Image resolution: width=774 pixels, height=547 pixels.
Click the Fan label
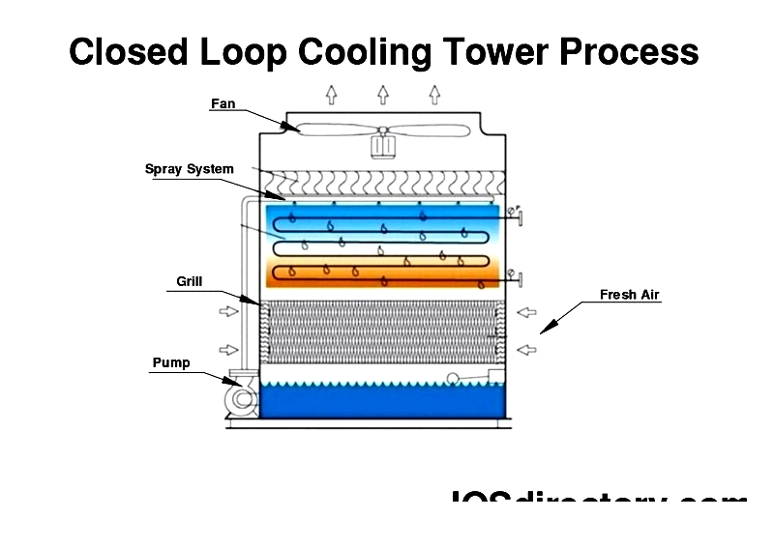click(x=223, y=103)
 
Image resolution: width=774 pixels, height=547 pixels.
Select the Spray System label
click(x=189, y=169)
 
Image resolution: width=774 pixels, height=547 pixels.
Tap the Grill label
click(x=189, y=282)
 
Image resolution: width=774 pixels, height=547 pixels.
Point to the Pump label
click(x=170, y=363)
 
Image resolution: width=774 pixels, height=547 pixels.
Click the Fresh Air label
click(x=629, y=295)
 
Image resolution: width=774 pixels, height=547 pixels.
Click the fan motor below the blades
click(x=383, y=146)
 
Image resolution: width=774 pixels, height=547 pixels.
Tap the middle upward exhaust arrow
click(x=383, y=95)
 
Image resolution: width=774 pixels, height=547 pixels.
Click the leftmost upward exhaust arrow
click(x=332, y=95)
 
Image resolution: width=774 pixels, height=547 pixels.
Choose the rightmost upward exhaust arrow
click(x=434, y=95)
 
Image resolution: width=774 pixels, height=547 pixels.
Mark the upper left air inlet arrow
click(x=227, y=312)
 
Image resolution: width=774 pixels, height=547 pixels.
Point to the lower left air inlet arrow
click(x=227, y=349)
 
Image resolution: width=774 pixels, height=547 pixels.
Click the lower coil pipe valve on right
click(x=520, y=279)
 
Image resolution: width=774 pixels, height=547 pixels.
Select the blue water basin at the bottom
click(x=383, y=402)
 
